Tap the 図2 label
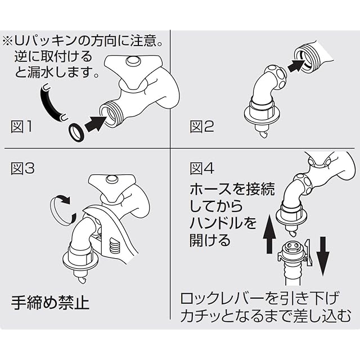click(202, 127)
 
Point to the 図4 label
click(202, 168)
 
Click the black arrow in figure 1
click(96, 121)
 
